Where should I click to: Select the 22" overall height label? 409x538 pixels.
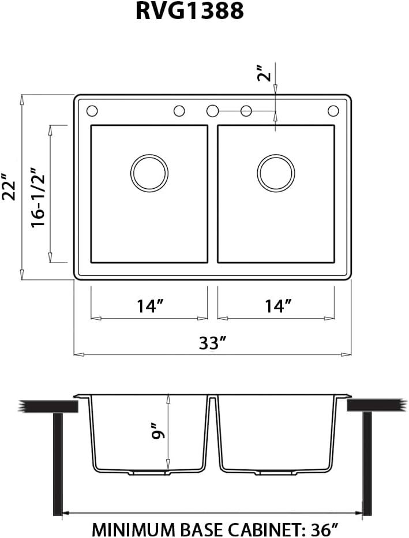click(9, 186)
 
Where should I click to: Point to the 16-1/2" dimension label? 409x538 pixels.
click(38, 197)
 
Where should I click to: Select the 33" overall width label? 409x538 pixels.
click(212, 343)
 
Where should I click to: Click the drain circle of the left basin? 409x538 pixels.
click(149, 173)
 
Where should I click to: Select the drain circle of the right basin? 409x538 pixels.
click(276, 173)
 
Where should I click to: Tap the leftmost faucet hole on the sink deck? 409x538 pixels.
click(91, 111)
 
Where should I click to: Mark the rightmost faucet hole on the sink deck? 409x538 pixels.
click(333, 111)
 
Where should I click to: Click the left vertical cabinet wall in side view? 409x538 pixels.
click(57, 462)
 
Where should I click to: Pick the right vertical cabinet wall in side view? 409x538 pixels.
click(367, 462)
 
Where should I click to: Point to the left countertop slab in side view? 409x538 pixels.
click(48, 406)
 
